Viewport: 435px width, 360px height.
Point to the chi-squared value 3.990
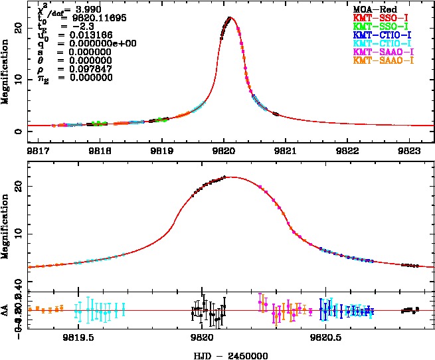[x=88, y=10]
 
